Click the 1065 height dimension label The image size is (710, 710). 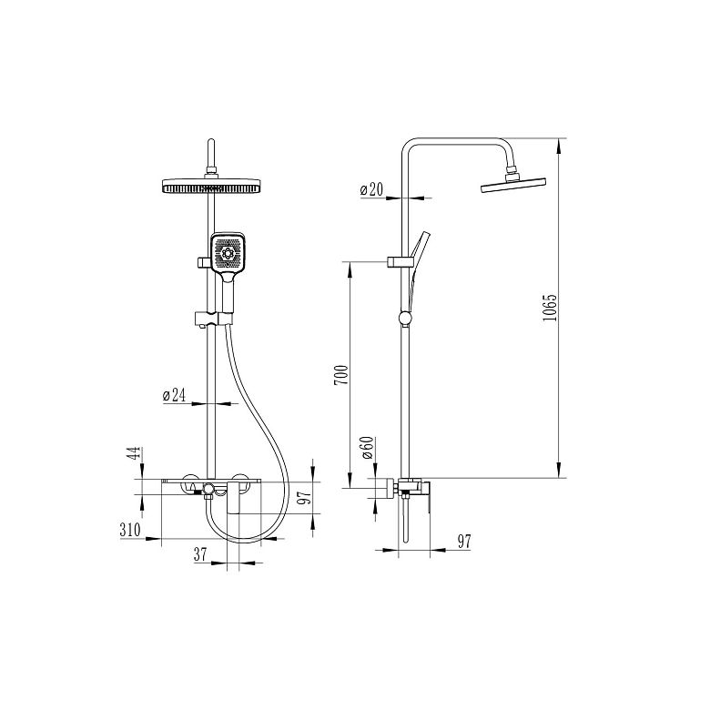(549, 308)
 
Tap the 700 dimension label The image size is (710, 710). (341, 375)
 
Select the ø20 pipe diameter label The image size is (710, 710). (371, 189)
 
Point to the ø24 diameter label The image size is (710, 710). (175, 395)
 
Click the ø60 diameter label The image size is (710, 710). (368, 447)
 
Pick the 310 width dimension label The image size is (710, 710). (130, 530)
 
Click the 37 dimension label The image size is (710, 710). (200, 554)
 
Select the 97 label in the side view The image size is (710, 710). (464, 541)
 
